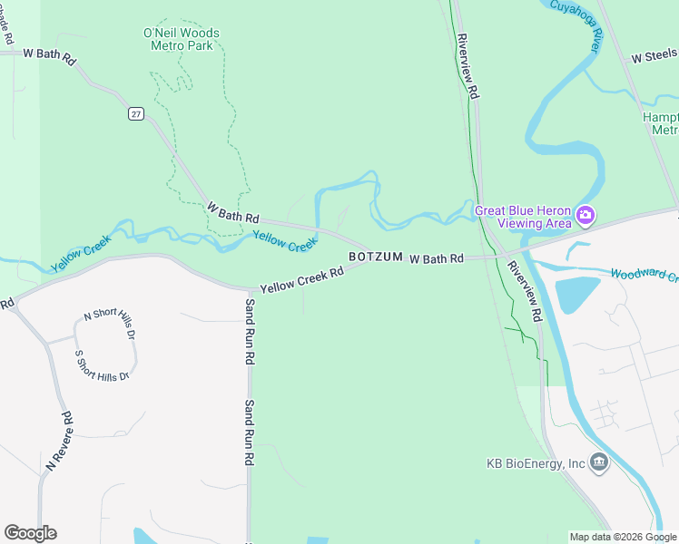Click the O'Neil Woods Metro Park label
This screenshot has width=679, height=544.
click(x=182, y=39)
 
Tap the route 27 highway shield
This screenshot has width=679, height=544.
click(x=136, y=113)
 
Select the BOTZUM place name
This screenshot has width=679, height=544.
click(x=375, y=257)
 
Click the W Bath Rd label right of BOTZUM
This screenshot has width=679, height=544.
click(x=437, y=259)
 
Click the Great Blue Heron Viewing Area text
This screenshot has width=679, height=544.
click(x=523, y=217)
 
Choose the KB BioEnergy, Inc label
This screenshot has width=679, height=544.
click(x=536, y=463)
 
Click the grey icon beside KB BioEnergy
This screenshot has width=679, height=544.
click(x=599, y=463)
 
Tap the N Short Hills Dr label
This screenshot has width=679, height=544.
click(x=109, y=325)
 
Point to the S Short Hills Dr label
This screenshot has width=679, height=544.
click(x=103, y=364)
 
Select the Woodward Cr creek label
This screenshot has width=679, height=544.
click(x=644, y=274)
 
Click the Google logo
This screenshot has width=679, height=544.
click(x=30, y=533)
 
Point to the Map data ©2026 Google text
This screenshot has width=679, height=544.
click(x=622, y=537)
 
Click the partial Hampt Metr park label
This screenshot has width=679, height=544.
click(x=660, y=123)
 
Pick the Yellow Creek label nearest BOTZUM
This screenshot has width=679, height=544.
click(x=284, y=240)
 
